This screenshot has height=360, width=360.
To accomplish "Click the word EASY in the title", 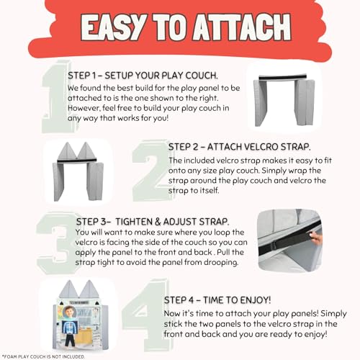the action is click(x=114, y=27).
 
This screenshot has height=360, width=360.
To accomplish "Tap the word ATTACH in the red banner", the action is click(x=242, y=27).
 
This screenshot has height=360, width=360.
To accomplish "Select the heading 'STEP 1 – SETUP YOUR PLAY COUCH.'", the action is click(x=143, y=76).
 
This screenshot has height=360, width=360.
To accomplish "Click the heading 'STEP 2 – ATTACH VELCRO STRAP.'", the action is click(x=239, y=147).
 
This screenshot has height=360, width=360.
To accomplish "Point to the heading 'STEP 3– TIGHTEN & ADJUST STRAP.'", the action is click(x=153, y=222).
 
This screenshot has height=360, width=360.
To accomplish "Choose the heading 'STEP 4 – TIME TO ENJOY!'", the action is click(x=217, y=300).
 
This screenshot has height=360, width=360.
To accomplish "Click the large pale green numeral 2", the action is click(x=153, y=171).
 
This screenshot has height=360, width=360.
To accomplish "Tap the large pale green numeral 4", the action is click(x=146, y=315).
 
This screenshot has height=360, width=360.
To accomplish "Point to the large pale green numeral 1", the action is click(x=56, y=96).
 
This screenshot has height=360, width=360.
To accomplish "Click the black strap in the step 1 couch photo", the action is click(x=283, y=78).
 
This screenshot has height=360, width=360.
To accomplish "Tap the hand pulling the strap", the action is click(x=315, y=236).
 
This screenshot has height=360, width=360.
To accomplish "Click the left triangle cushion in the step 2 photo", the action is click(x=67, y=150).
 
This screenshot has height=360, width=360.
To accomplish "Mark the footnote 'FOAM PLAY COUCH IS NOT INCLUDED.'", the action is click(x=44, y=356).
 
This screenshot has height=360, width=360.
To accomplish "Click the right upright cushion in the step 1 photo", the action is click(x=305, y=102).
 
